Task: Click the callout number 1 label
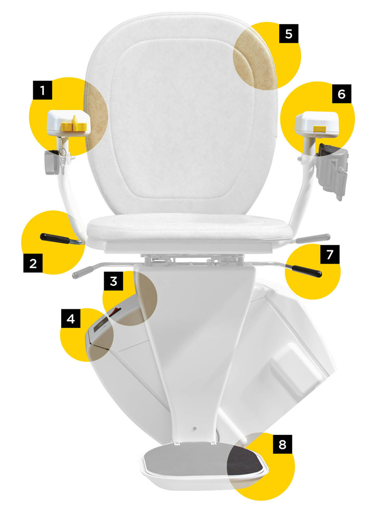tap(42, 90)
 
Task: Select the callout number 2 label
tap(33, 263)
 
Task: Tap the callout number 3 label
tap(113, 281)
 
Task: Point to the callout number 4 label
tap(71, 318)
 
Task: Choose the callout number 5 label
tap(289, 34)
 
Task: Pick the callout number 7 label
tap(330, 255)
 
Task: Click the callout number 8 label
tap(282, 444)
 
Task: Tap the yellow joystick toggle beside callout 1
tap(74, 124)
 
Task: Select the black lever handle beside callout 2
tap(55, 238)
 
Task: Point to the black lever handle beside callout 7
tap(307, 271)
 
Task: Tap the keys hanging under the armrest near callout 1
tap(63, 157)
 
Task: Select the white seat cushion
tap(189, 229)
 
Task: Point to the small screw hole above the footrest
tap(194, 428)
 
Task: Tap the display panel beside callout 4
tap(100, 325)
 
